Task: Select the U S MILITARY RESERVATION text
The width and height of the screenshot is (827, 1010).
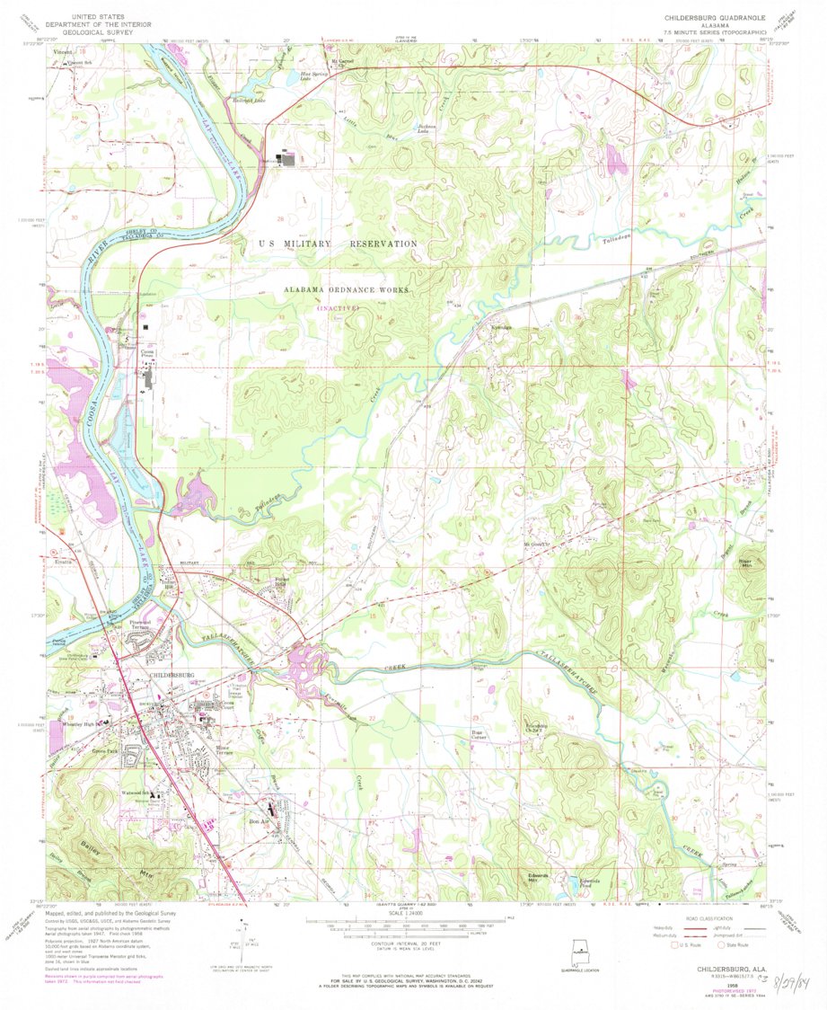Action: tap(338, 244)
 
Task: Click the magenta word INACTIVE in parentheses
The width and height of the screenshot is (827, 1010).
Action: tap(336, 308)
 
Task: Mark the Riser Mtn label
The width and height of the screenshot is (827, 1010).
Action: tap(744, 563)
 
